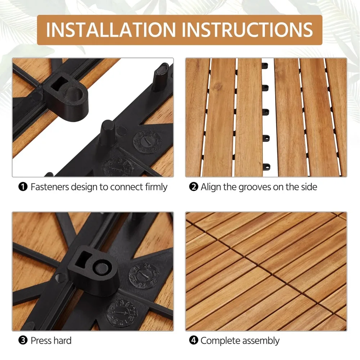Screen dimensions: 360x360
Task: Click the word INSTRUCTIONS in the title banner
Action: (x=247, y=30)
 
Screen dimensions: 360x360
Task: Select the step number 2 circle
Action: (x=194, y=187)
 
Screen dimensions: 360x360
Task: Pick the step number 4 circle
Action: (x=194, y=341)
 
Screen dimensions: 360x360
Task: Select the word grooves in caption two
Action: (x=254, y=187)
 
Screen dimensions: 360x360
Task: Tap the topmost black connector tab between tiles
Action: (x=266, y=66)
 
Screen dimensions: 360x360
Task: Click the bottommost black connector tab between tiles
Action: (x=266, y=167)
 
